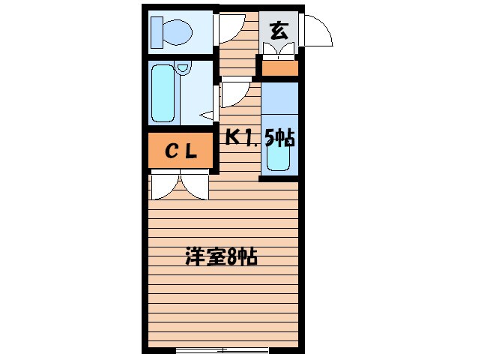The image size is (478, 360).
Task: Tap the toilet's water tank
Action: pyautogui.click(x=156, y=31)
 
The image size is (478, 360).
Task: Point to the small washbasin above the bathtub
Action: pyautogui.click(x=184, y=68)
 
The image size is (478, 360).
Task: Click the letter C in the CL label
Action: pyautogui.click(x=172, y=152)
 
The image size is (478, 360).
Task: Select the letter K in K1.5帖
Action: pyautogui.click(x=233, y=136)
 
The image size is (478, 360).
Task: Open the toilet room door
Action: pyautogui.click(x=228, y=28)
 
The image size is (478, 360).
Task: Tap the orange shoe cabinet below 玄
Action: pyautogui.click(x=279, y=68)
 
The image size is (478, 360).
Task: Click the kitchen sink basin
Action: pyautogui.click(x=279, y=154)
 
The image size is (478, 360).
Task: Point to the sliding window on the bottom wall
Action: pyautogui.click(x=222, y=349)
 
